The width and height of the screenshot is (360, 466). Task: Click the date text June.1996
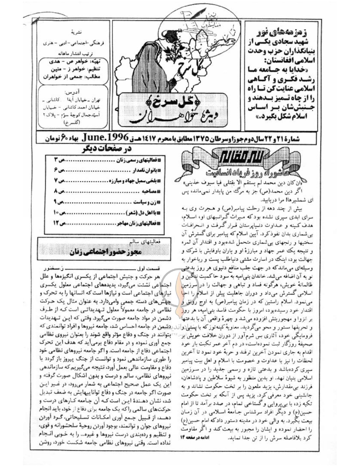point(105,138)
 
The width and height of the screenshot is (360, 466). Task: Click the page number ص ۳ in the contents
point(60,160)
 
